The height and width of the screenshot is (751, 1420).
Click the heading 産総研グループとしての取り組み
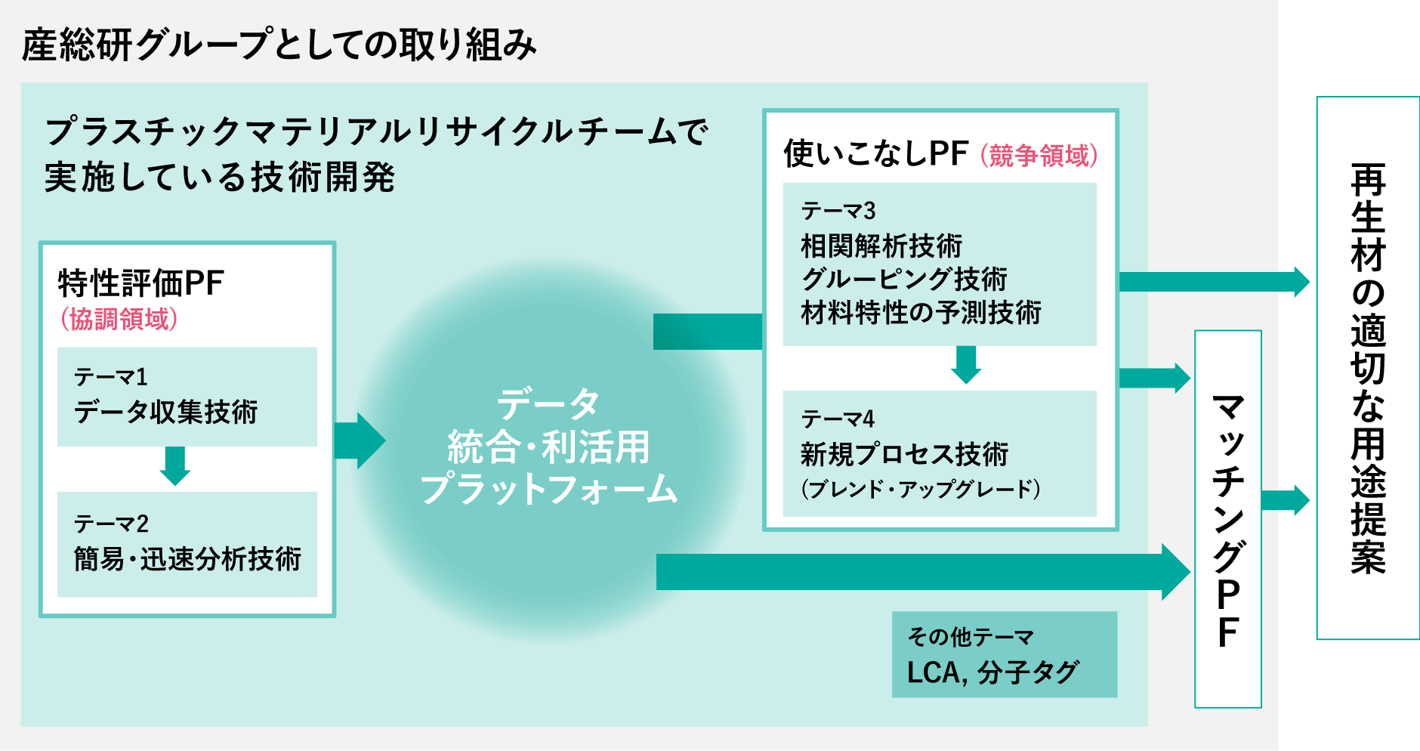(279, 45)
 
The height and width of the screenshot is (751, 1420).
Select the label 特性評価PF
(141, 284)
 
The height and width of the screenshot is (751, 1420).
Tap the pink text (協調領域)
(119, 319)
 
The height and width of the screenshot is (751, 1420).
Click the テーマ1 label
(111, 376)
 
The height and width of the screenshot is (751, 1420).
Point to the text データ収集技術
(166, 412)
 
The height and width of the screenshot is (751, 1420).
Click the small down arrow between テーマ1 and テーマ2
(175, 465)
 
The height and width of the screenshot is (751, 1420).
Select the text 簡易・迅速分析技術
(187, 559)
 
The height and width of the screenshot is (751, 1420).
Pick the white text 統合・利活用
(549, 447)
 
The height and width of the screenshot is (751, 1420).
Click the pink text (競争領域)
(1039, 156)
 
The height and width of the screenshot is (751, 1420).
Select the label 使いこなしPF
(875, 153)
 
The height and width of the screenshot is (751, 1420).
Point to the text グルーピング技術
(904, 279)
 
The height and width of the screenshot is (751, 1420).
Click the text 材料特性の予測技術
(921, 312)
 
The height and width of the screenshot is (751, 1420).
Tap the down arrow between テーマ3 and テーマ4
(966, 365)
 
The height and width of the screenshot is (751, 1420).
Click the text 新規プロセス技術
(904, 454)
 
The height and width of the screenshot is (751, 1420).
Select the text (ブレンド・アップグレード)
(921, 489)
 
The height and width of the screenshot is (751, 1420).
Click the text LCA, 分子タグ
(993, 672)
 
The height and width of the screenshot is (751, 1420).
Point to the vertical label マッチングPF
(1228, 520)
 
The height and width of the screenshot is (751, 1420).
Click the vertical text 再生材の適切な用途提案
(1368, 368)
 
